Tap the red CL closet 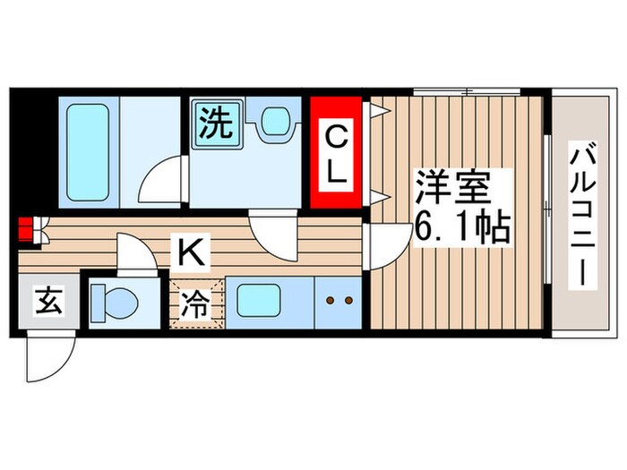[x=336, y=152]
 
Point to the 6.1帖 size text [x=460, y=228]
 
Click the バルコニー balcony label [x=580, y=215]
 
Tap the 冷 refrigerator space [x=197, y=305]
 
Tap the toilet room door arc [x=133, y=254]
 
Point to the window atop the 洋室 [x=467, y=91]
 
